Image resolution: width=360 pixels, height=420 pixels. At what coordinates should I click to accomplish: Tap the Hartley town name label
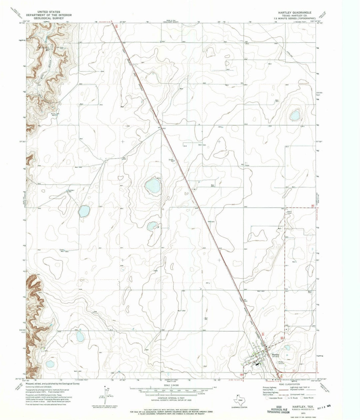tap(275, 355)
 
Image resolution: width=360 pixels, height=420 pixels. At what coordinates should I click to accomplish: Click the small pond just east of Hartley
tap(286, 348)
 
